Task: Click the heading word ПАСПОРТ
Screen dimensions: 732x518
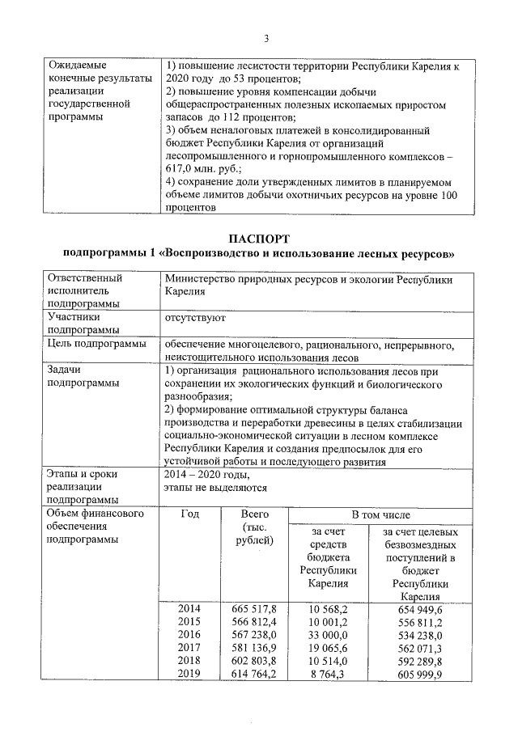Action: (x=259, y=239)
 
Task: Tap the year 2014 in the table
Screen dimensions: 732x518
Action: (x=189, y=608)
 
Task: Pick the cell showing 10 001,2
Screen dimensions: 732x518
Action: (x=328, y=621)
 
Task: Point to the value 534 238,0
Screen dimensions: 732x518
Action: (x=420, y=635)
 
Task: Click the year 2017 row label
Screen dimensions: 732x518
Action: (x=189, y=648)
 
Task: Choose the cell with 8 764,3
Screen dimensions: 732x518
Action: (x=328, y=674)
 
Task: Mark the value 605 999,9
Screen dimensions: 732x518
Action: (x=420, y=674)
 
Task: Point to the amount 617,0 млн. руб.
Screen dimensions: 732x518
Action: (x=195, y=171)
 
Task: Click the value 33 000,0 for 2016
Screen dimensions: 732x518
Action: (x=328, y=635)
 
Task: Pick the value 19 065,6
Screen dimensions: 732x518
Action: (x=328, y=648)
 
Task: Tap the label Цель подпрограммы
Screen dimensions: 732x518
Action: (x=96, y=344)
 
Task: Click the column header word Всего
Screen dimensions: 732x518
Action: (x=254, y=514)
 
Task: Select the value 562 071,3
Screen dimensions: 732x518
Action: (x=420, y=648)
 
